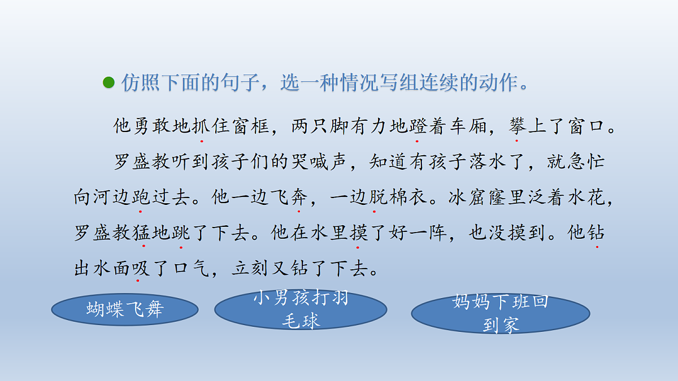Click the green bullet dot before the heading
[x=108, y=83]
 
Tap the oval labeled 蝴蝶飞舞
[x=125, y=309]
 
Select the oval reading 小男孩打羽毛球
[x=301, y=309]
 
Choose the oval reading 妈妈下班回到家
[x=501, y=313]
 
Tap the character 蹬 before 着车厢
[x=418, y=126]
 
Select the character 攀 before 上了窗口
[x=517, y=126]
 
